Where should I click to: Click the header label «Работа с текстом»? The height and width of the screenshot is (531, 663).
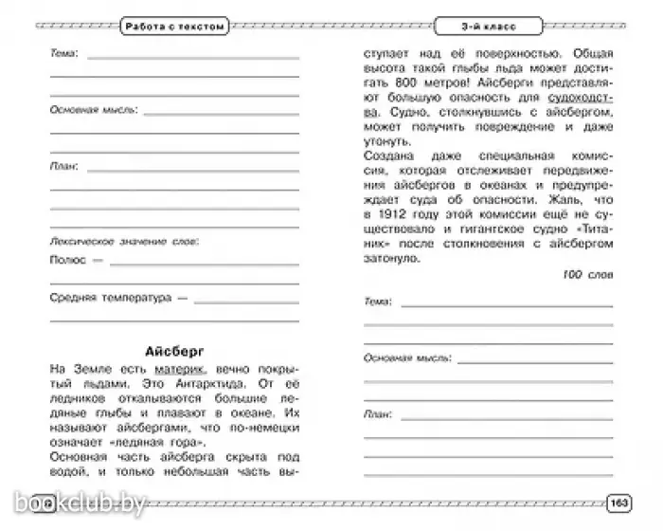pos(174,27)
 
